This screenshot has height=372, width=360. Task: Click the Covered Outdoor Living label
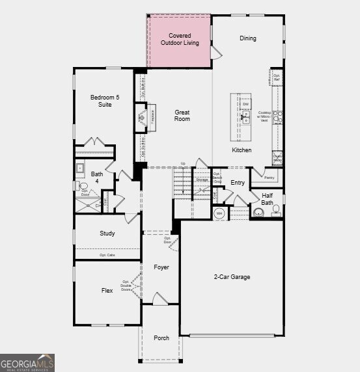tap(180, 39)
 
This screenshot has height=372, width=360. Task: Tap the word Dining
tap(247, 38)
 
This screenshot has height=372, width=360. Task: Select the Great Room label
tap(182, 116)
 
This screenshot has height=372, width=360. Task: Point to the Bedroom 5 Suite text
tap(101, 101)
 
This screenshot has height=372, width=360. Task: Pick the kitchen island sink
tap(246, 117)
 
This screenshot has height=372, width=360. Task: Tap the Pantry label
tap(270, 177)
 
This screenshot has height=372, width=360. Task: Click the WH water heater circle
tap(219, 213)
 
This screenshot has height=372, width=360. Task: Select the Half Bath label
tap(267, 198)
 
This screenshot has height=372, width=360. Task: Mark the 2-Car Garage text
tap(231, 277)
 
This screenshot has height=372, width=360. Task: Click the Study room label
tap(107, 233)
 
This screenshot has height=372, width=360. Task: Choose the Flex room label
tap(107, 291)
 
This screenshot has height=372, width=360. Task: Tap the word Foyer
tap(161, 267)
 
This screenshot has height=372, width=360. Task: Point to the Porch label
tap(161, 338)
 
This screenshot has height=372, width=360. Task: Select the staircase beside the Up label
tap(183, 183)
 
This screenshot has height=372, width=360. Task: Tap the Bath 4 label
tap(97, 177)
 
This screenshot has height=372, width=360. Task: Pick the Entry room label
tap(238, 183)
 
